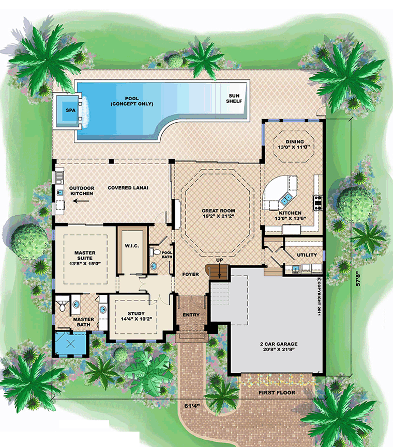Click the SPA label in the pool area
[x=70, y=110]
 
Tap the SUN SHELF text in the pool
[x=234, y=99]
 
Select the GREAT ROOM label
[x=218, y=211]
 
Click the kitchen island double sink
[x=286, y=199]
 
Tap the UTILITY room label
[x=307, y=255]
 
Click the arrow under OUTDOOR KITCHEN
[x=81, y=201]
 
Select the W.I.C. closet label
[x=132, y=246]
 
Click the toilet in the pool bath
[x=155, y=252]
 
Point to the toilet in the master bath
[x=62, y=306]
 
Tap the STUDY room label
[x=136, y=313]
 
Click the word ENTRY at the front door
[x=191, y=315]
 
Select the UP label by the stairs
[x=219, y=260]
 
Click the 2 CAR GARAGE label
[x=279, y=344]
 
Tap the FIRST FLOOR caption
[x=277, y=393]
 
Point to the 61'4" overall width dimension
[x=192, y=406]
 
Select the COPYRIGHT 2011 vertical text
[x=319, y=296]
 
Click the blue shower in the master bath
[x=70, y=344]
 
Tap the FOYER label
[x=190, y=274]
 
